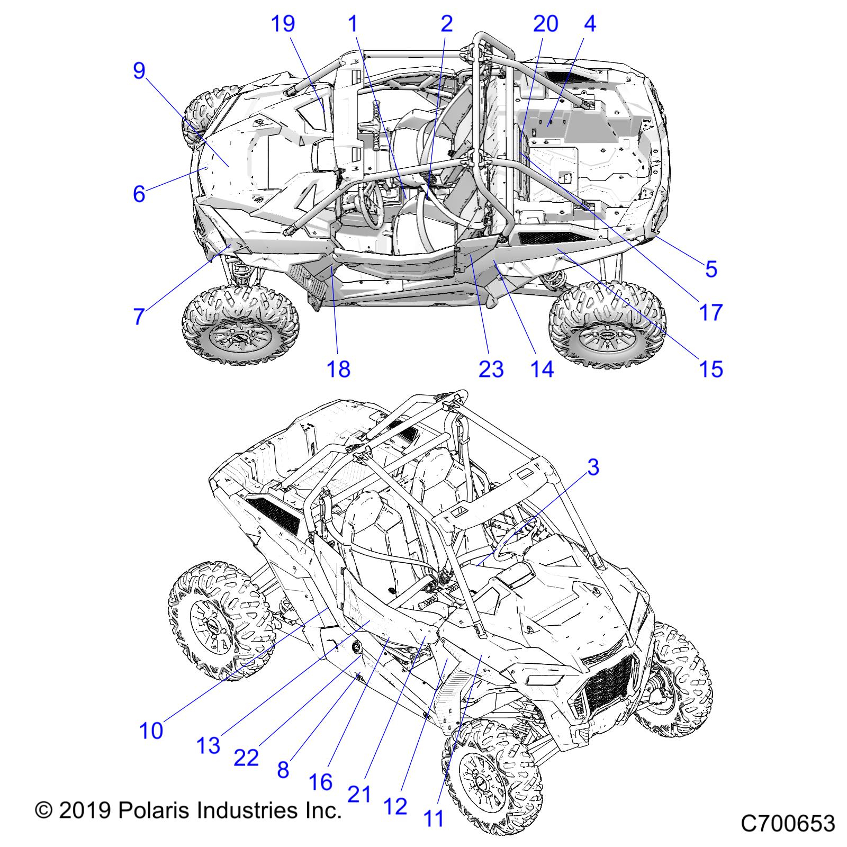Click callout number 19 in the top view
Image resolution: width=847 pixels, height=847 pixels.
tap(283, 24)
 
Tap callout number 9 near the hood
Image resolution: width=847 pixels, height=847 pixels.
tap(139, 70)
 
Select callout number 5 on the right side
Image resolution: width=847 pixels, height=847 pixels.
tap(711, 269)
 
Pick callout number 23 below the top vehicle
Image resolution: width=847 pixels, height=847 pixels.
tap(491, 368)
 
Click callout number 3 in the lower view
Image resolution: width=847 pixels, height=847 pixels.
tap(593, 467)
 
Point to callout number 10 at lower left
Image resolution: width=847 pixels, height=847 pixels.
tap(151, 731)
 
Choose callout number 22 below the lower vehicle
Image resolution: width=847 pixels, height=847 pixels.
tap(246, 758)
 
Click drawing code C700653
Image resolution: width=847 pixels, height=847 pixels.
tap(788, 824)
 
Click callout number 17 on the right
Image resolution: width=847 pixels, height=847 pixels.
tap(711, 312)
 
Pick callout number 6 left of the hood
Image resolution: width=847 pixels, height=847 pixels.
tap(139, 194)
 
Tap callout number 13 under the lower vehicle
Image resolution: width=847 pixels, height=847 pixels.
tap(208, 745)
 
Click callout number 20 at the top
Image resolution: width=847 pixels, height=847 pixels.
tap(545, 24)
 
